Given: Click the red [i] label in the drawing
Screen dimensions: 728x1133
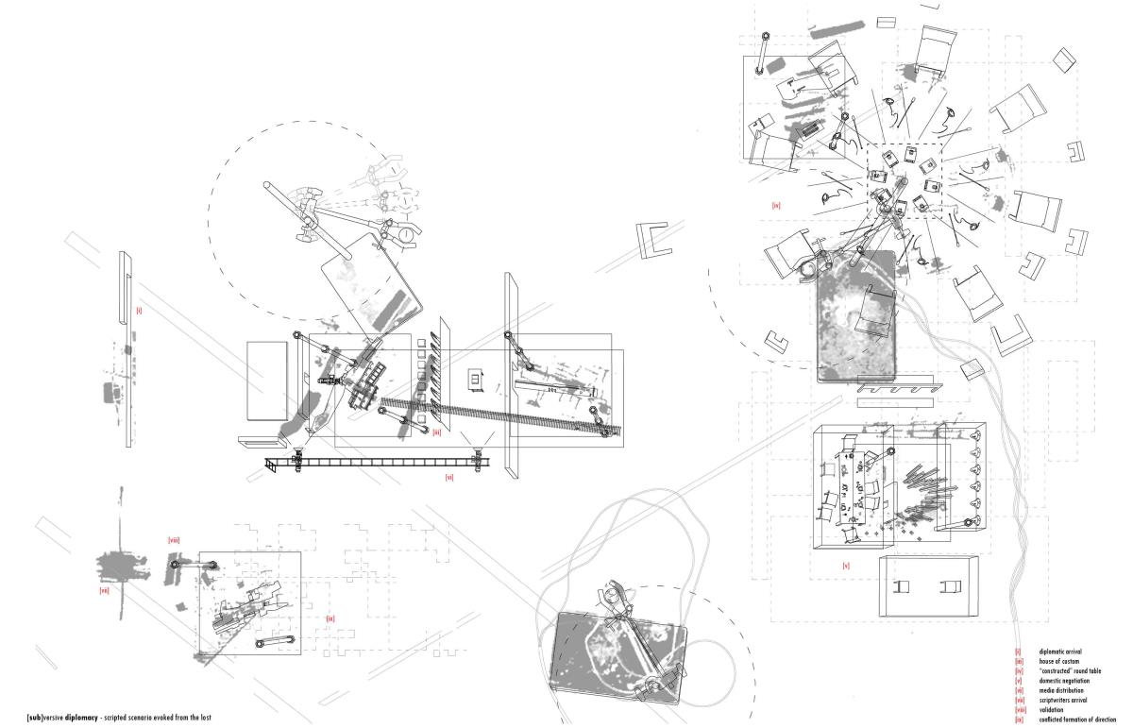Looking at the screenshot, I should pos(139,309).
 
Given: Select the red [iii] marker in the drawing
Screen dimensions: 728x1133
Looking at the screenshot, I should pos(437,432).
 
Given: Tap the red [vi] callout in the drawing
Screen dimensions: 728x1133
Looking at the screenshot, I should pos(449,478).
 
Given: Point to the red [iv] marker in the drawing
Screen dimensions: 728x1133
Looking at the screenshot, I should pos(775,205).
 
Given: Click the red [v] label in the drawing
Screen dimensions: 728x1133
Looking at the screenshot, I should pos(846,566).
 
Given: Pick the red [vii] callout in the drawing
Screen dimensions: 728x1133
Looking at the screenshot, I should pos(104,591).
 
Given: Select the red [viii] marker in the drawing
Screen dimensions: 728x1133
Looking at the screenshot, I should pos(174,540).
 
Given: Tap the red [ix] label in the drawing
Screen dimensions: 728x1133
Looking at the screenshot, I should pos(330,618).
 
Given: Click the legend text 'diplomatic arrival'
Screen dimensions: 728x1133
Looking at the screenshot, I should pos(1060,652).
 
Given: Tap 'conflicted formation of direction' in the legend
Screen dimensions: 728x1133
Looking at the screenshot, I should pos(1076,720).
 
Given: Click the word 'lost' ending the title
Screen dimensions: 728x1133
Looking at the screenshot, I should pos(205,719).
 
